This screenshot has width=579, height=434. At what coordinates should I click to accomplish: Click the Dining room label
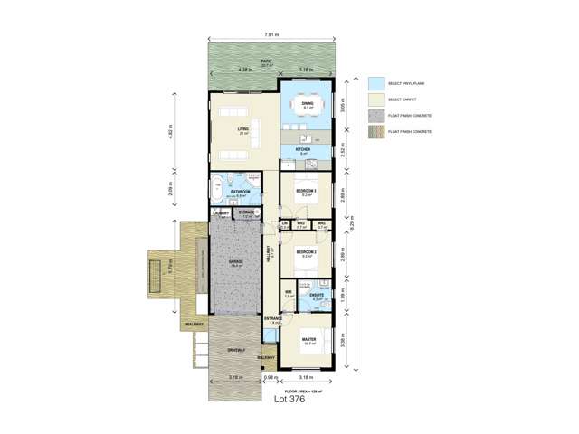(307, 102)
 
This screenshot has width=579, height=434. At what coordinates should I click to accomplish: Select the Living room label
(243, 129)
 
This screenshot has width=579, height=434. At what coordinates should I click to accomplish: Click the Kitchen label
(304, 149)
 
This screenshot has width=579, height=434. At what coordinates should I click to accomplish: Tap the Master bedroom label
(309, 340)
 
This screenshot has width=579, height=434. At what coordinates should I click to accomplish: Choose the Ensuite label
(318, 295)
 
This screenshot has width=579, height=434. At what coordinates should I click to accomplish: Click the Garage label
(235, 261)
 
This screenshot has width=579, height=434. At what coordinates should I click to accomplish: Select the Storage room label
(247, 212)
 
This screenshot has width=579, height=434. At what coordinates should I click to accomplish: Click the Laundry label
(222, 213)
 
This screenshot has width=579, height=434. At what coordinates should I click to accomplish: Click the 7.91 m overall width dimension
(271, 34)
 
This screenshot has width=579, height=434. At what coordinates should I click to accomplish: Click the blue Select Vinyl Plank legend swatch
(376, 83)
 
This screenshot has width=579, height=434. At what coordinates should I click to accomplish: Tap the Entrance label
(273, 319)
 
